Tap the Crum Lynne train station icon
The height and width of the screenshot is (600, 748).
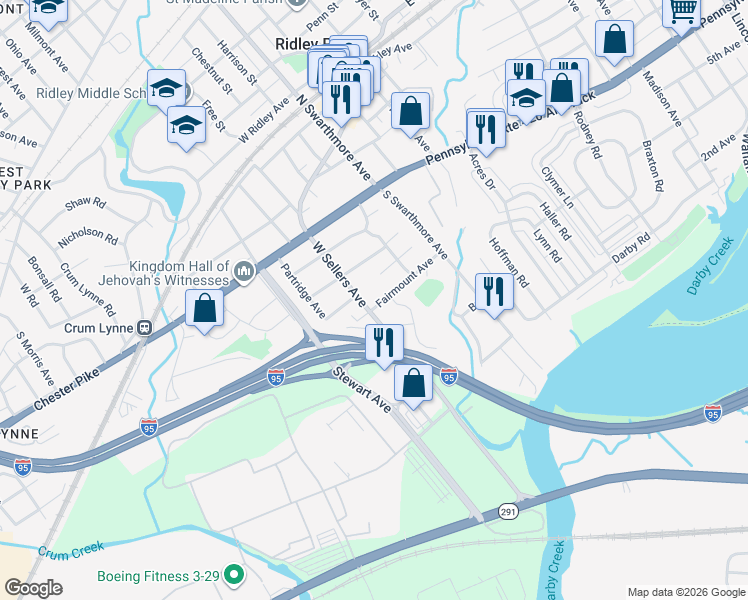pos(144,327)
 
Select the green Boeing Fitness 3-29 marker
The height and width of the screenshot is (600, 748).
pos(233,575)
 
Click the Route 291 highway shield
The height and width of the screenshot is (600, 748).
pos(507,512)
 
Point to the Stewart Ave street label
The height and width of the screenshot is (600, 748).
pos(361,390)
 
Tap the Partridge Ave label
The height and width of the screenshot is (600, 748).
pos(303,290)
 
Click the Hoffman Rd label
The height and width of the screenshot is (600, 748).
pos(508,263)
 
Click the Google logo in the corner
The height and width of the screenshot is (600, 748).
pos(34,587)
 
